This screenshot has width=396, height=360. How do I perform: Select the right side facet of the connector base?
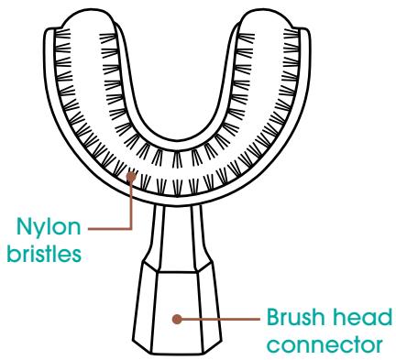tap(206, 307)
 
